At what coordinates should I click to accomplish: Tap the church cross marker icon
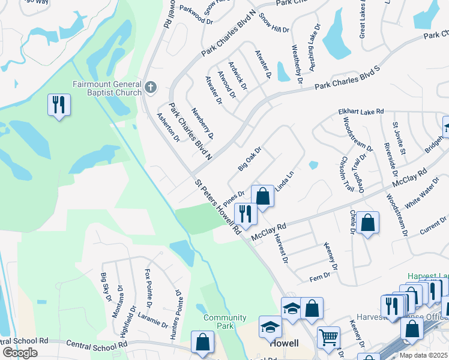coord(150,88)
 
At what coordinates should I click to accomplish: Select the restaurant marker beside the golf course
coord(59,106)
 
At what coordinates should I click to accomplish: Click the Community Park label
coord(224,322)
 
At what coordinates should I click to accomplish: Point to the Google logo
coord(20,352)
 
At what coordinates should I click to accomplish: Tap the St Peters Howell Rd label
coord(217,205)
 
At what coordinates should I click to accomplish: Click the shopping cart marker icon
coord(328,338)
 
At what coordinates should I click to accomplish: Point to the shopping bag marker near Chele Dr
coord(368,223)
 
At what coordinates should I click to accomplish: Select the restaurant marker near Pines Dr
coord(246,213)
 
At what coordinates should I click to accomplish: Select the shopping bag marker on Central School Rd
coord(202,342)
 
